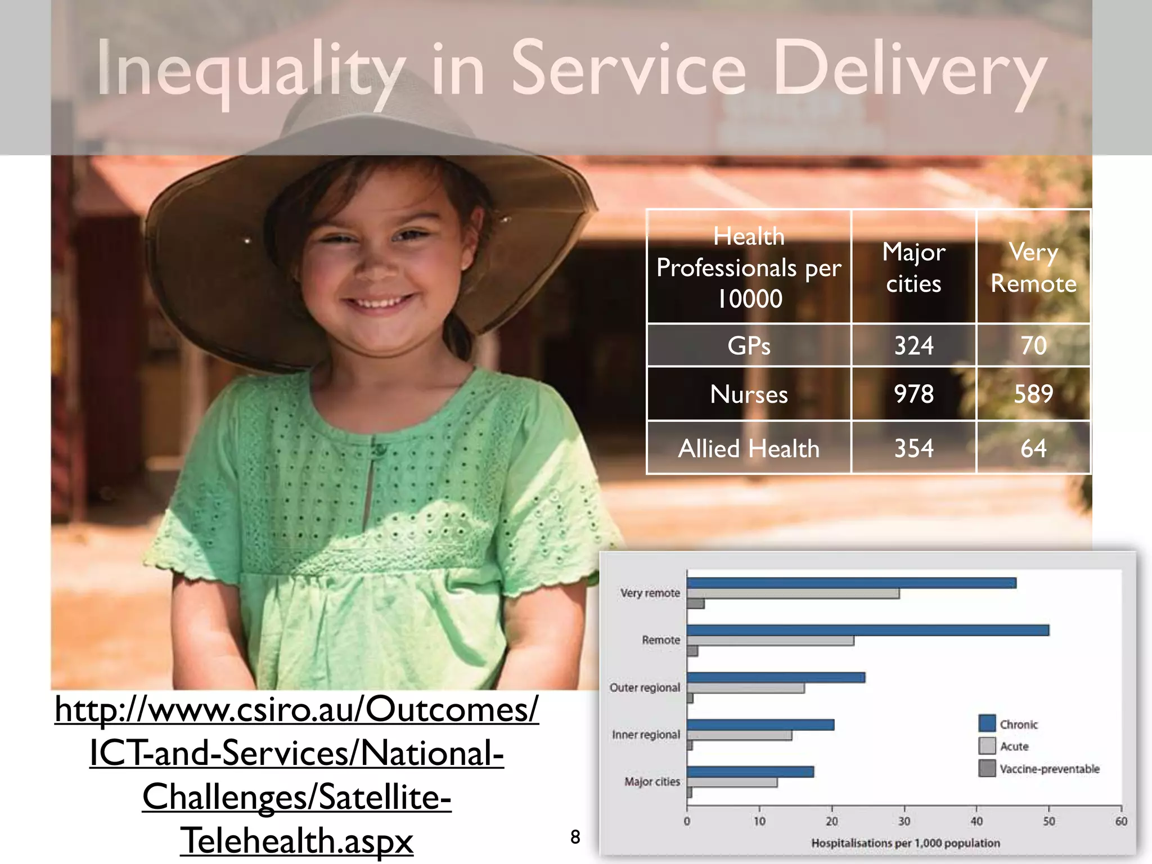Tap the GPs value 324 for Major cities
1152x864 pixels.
(913, 345)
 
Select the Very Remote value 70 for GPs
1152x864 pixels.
(1033, 345)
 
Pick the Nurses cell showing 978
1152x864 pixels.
(913, 394)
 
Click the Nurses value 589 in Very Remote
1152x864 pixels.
(1033, 394)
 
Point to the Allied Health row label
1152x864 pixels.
(749, 448)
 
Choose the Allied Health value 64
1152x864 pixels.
(1033, 448)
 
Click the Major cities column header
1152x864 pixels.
(913, 267)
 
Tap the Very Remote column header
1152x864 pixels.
(1033, 267)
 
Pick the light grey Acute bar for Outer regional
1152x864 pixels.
(745, 688)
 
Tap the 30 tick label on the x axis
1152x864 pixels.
(904, 821)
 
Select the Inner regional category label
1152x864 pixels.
(646, 735)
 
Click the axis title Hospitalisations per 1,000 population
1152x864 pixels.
(905, 843)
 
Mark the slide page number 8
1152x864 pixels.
(575, 837)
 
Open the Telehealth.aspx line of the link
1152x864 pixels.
(296, 840)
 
